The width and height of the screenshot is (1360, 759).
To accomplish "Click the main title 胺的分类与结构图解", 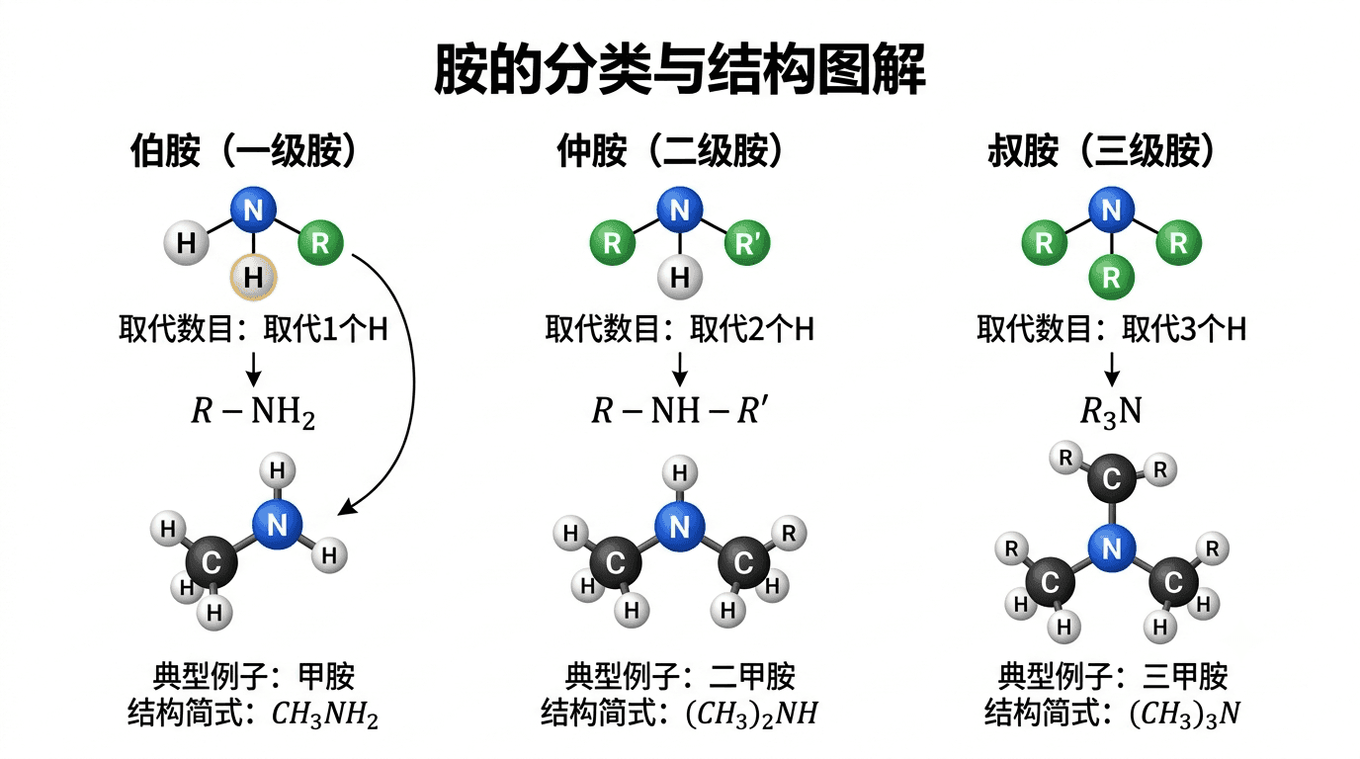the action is click(x=680, y=68).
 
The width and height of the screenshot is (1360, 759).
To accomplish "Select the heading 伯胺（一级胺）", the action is click(x=243, y=150).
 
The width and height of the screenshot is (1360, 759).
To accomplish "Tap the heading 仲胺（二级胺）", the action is click(x=670, y=150).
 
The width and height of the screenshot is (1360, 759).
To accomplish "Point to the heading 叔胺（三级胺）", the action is click(x=1101, y=150).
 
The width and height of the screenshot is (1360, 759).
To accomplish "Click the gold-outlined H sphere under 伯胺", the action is click(x=253, y=278).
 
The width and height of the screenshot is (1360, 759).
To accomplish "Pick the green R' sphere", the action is click(x=747, y=243).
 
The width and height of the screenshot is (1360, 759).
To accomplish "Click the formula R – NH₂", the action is click(x=253, y=412).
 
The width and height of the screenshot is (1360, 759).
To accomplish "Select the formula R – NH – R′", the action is click(x=680, y=410).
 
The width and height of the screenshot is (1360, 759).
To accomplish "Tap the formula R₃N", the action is click(x=1111, y=412).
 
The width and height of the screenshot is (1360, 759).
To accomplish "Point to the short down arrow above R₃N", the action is click(x=1112, y=370).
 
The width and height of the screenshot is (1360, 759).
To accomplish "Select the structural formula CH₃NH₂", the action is click(x=325, y=715).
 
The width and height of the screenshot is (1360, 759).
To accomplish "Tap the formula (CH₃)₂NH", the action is click(x=751, y=715).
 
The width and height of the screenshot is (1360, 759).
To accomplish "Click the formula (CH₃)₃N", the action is click(x=1184, y=715).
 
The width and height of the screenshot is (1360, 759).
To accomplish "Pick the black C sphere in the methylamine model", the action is click(x=212, y=562).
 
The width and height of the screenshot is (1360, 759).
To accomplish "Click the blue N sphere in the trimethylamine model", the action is click(x=1112, y=548).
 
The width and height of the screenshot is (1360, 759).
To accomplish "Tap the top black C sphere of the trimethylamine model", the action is click(x=1112, y=478).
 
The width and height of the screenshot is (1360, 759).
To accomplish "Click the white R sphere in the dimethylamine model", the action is click(x=789, y=533).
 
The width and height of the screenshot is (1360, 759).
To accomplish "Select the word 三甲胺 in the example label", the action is click(x=1185, y=676).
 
